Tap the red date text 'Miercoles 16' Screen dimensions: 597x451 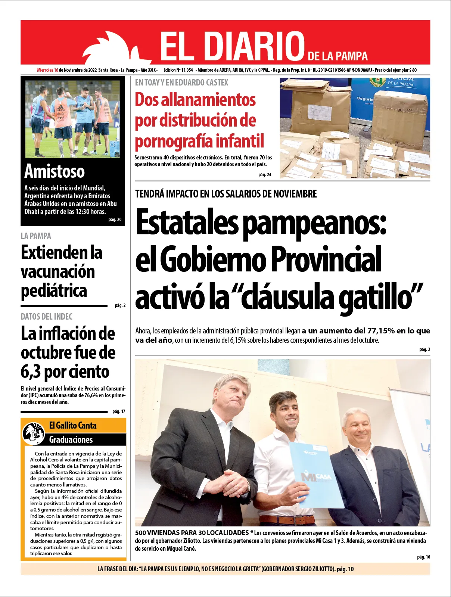click(47, 70)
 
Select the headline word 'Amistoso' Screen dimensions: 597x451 click(55, 171)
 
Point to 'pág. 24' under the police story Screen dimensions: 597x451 click(265, 175)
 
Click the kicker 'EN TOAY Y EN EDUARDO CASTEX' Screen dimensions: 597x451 click(181, 83)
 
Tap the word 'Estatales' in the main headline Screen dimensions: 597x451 click(187, 223)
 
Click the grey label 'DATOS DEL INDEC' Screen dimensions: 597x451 click(47, 317)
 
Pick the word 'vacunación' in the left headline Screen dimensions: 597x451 click(58, 271)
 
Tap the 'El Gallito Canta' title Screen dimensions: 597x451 click(73, 426)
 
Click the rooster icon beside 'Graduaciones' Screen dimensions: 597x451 click(33, 433)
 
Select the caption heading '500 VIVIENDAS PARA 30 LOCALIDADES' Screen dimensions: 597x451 click(192, 533)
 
